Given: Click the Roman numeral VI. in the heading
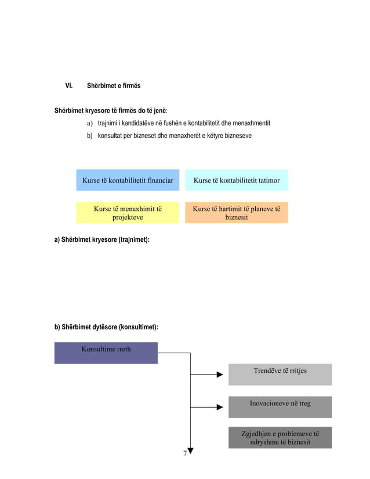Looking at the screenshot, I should (x=68, y=86).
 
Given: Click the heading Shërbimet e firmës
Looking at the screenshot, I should (x=114, y=86).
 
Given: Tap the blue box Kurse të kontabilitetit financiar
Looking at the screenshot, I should (x=128, y=180).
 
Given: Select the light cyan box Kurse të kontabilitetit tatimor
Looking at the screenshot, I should (x=237, y=180).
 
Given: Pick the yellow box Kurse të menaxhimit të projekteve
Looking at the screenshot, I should (x=128, y=213).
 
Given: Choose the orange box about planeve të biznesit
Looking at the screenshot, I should (x=237, y=213).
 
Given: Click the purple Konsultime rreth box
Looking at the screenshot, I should (x=106, y=353).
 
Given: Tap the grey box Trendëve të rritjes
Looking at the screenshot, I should (x=280, y=374).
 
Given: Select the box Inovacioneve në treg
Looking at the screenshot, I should (x=280, y=407).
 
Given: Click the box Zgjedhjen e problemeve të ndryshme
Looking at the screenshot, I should (x=280, y=438).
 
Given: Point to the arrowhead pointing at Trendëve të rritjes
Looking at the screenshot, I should (x=220, y=375).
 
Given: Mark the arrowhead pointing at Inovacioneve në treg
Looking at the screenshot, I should (x=220, y=407).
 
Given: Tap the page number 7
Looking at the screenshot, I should (x=185, y=453).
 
